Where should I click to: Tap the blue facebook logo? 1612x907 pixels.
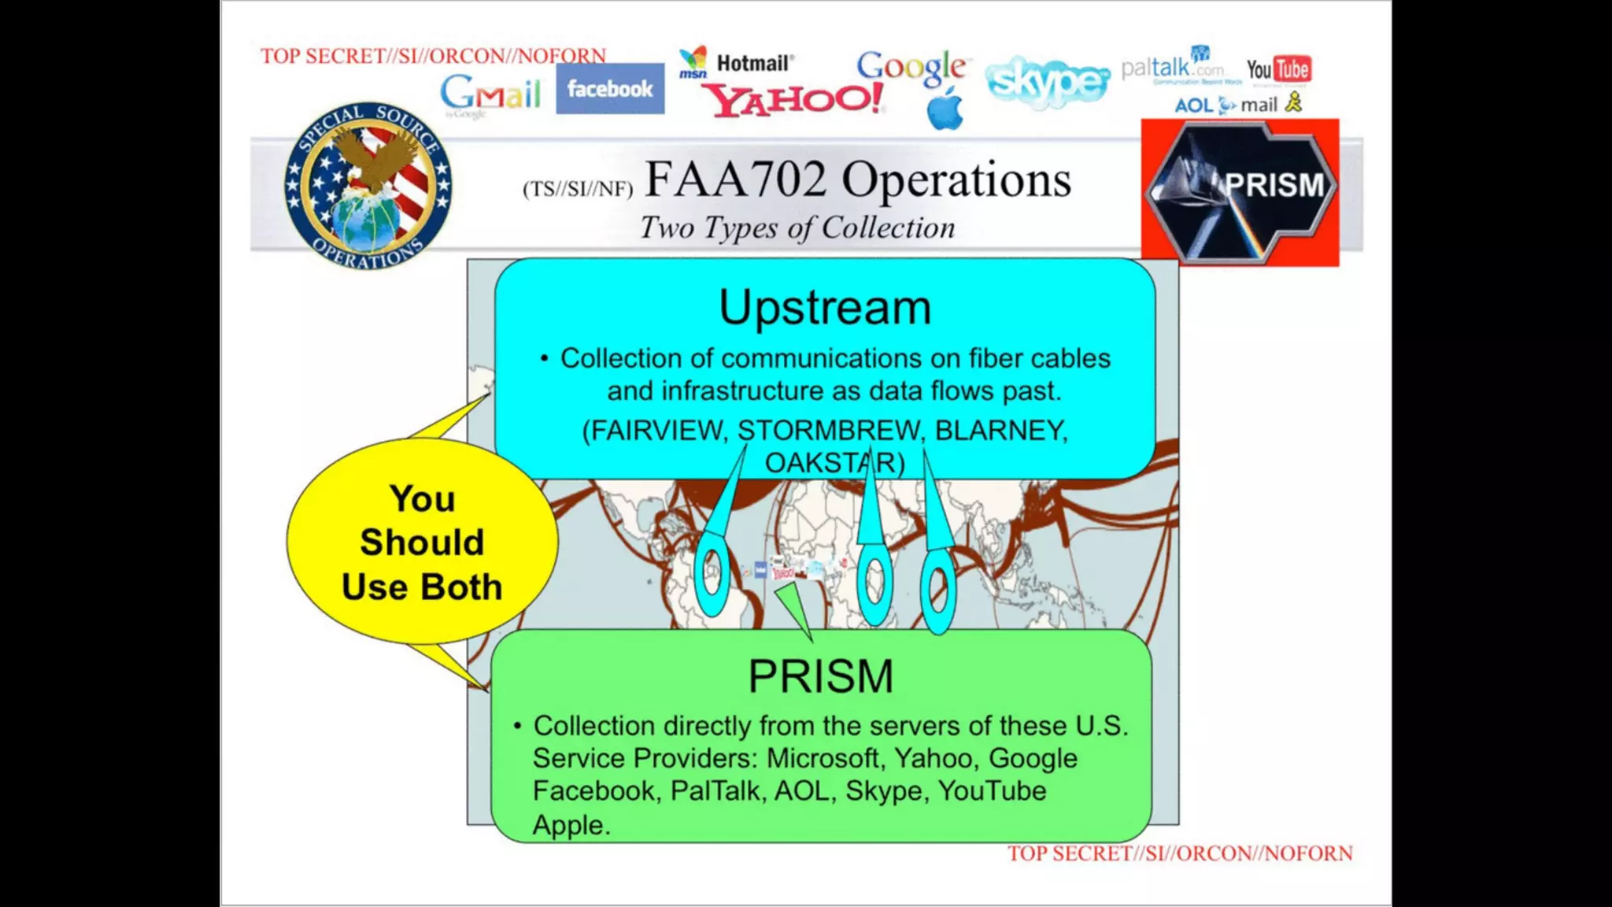coord(610,89)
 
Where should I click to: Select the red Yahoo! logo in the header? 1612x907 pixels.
coord(793,100)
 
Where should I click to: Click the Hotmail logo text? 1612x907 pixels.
coord(755,63)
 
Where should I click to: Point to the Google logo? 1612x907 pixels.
coord(911,67)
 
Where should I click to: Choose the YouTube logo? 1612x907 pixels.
coord(1278,69)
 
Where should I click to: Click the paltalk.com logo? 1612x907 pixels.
coord(1172,68)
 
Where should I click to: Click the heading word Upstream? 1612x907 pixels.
coord(825,307)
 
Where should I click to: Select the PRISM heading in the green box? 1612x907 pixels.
coord(820,676)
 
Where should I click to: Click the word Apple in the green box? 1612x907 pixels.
coord(571,825)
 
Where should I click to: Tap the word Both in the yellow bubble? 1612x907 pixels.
coord(460,587)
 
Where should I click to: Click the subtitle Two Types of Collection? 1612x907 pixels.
coord(797,228)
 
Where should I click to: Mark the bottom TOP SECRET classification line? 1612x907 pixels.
coord(1180,853)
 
